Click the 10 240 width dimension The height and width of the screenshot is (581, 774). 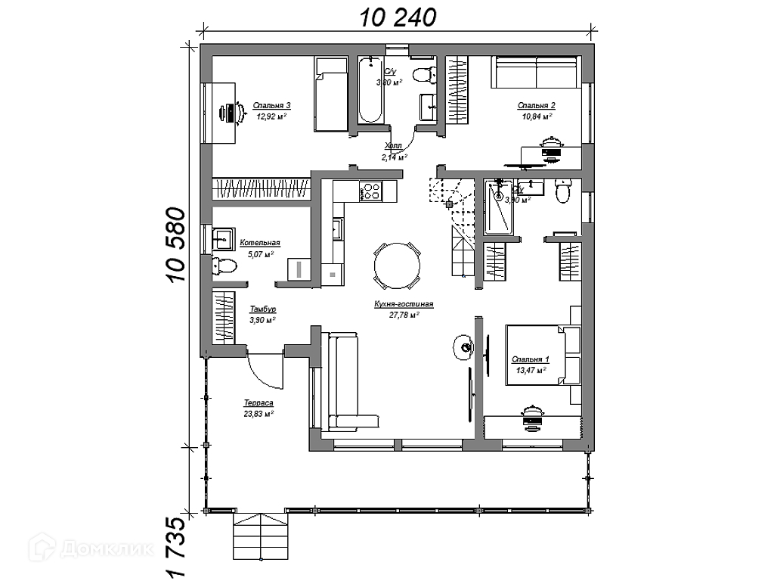(x=398, y=16)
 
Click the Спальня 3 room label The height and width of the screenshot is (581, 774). (x=272, y=106)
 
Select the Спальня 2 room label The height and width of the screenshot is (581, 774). (x=537, y=106)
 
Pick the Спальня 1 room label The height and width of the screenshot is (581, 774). (x=530, y=359)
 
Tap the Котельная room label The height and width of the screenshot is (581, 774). (x=260, y=243)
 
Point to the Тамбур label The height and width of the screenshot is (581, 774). (x=262, y=309)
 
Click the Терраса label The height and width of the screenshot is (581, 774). (x=259, y=404)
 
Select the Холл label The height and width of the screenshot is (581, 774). (x=393, y=145)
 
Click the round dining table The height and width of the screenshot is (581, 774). (x=398, y=266)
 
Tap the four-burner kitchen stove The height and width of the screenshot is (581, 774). (x=370, y=191)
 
